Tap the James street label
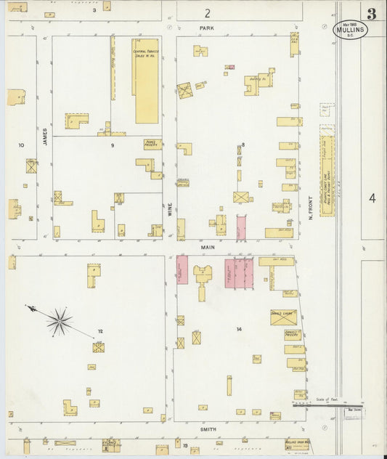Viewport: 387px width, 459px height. pyautogui.click(x=44, y=135)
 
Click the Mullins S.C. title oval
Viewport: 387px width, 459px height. pyautogui.click(x=351, y=30)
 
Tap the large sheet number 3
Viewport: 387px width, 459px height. pyautogui.click(x=372, y=13)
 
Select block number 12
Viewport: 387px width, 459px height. pyautogui.click(x=100, y=331)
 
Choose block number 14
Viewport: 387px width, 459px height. pyautogui.click(x=238, y=329)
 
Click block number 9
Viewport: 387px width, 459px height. pyautogui.click(x=112, y=145)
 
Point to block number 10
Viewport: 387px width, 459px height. pyautogui.click(x=21, y=145)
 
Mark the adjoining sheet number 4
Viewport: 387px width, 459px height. pyautogui.click(x=372, y=198)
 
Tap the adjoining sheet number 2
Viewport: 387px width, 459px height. pyautogui.click(x=208, y=12)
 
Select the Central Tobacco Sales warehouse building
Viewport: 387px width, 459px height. pyautogui.click(x=146, y=80)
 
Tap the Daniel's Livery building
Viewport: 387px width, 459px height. pyautogui.click(x=284, y=317)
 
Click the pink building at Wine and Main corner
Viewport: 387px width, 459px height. pyautogui.click(x=182, y=269)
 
